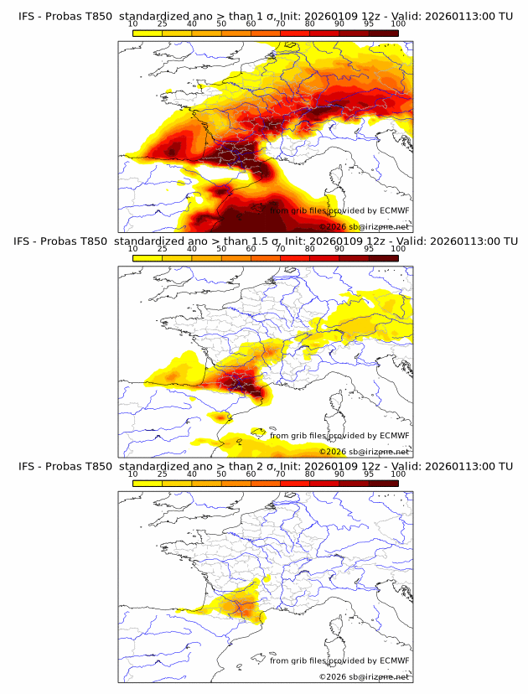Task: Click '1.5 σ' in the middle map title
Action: (274, 241)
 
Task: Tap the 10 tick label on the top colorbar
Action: (132, 23)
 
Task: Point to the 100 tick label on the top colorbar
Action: (398, 23)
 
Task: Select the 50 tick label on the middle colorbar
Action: (221, 249)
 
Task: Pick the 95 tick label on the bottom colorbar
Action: (369, 474)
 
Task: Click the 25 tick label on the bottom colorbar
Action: (162, 474)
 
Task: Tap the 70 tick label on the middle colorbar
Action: (281, 249)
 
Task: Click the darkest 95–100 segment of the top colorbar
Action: (383, 33)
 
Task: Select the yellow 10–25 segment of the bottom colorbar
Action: (148, 483)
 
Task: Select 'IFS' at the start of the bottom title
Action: (26, 466)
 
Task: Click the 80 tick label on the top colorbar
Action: (310, 23)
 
